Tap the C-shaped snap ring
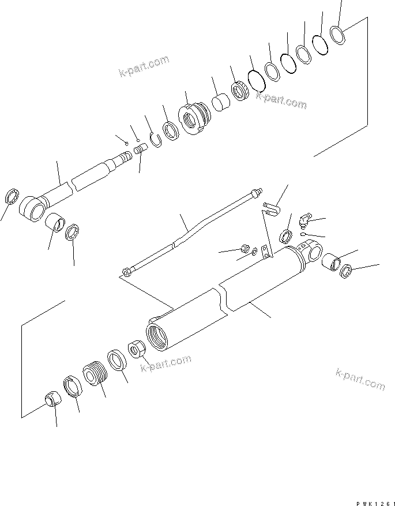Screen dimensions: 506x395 155,138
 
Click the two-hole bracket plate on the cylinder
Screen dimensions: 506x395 265,251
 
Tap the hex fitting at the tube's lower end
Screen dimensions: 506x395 126,272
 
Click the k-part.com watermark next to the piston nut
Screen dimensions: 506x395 167,362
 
